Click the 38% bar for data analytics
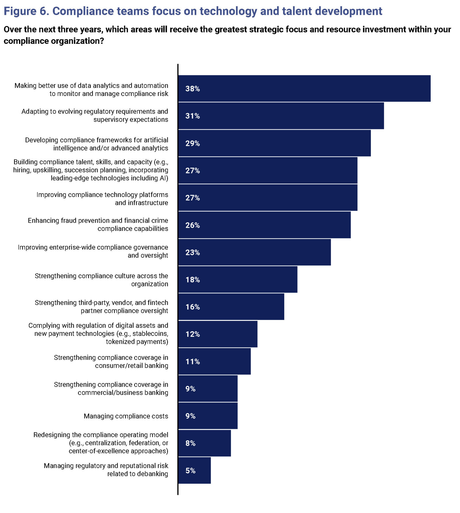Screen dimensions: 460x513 (x=304, y=88)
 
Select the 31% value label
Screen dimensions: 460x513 (x=193, y=116)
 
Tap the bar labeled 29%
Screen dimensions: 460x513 (x=275, y=143)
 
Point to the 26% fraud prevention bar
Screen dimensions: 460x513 (x=264, y=225)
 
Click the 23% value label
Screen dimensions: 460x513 (x=193, y=252)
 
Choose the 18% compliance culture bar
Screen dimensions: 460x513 (x=238, y=279)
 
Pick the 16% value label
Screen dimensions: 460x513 (x=193, y=307)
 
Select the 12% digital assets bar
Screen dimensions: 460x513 (x=218, y=334)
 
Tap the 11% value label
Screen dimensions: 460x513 (x=193, y=362)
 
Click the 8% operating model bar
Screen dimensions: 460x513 (x=205, y=443)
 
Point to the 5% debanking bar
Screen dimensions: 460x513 (x=195, y=470)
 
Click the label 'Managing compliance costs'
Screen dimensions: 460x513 (x=126, y=416)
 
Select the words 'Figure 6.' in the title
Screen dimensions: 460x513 (x=26, y=11)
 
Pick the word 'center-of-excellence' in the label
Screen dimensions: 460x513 (x=99, y=451)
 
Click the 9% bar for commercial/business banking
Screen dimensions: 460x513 (x=208, y=389)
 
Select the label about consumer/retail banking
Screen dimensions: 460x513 (x=111, y=362)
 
